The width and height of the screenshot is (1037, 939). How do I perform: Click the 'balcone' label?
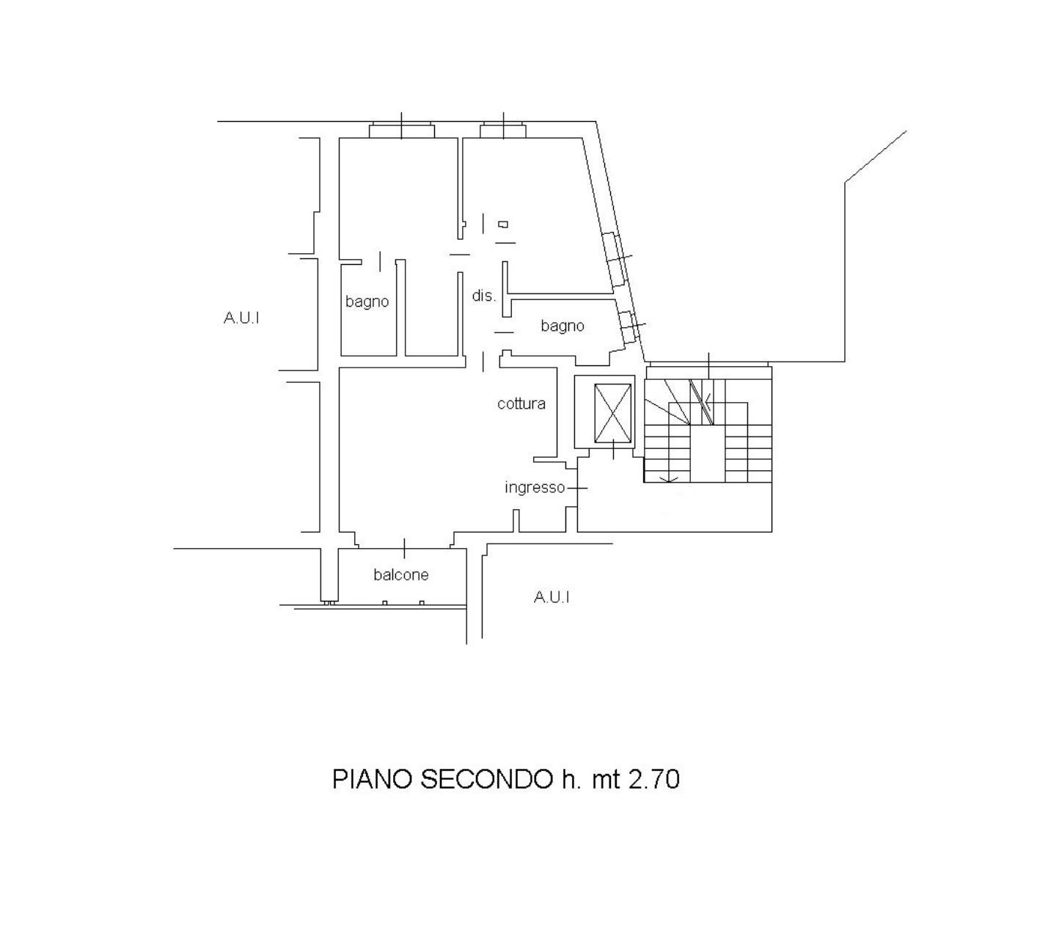(x=400, y=574)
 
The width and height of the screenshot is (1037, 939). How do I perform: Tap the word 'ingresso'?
(x=535, y=487)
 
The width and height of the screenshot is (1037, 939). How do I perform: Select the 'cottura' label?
(x=521, y=403)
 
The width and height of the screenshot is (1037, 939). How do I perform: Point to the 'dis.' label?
(x=483, y=296)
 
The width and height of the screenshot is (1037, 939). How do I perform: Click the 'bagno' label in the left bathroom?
(x=367, y=302)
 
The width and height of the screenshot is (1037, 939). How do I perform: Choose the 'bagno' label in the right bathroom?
(x=563, y=326)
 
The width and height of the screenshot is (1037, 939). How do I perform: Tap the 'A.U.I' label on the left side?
(x=241, y=318)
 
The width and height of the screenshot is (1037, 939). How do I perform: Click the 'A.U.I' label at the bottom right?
(x=551, y=597)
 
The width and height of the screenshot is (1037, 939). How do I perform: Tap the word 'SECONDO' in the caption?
(x=486, y=778)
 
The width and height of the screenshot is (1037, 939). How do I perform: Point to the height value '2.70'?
(x=653, y=778)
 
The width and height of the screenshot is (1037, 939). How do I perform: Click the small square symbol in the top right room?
(x=503, y=224)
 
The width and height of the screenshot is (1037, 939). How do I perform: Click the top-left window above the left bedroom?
(x=402, y=130)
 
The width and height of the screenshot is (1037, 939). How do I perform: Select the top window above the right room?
(x=503, y=130)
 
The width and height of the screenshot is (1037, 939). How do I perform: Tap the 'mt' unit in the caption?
(x=605, y=780)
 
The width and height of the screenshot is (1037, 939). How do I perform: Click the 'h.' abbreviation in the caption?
(x=571, y=778)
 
